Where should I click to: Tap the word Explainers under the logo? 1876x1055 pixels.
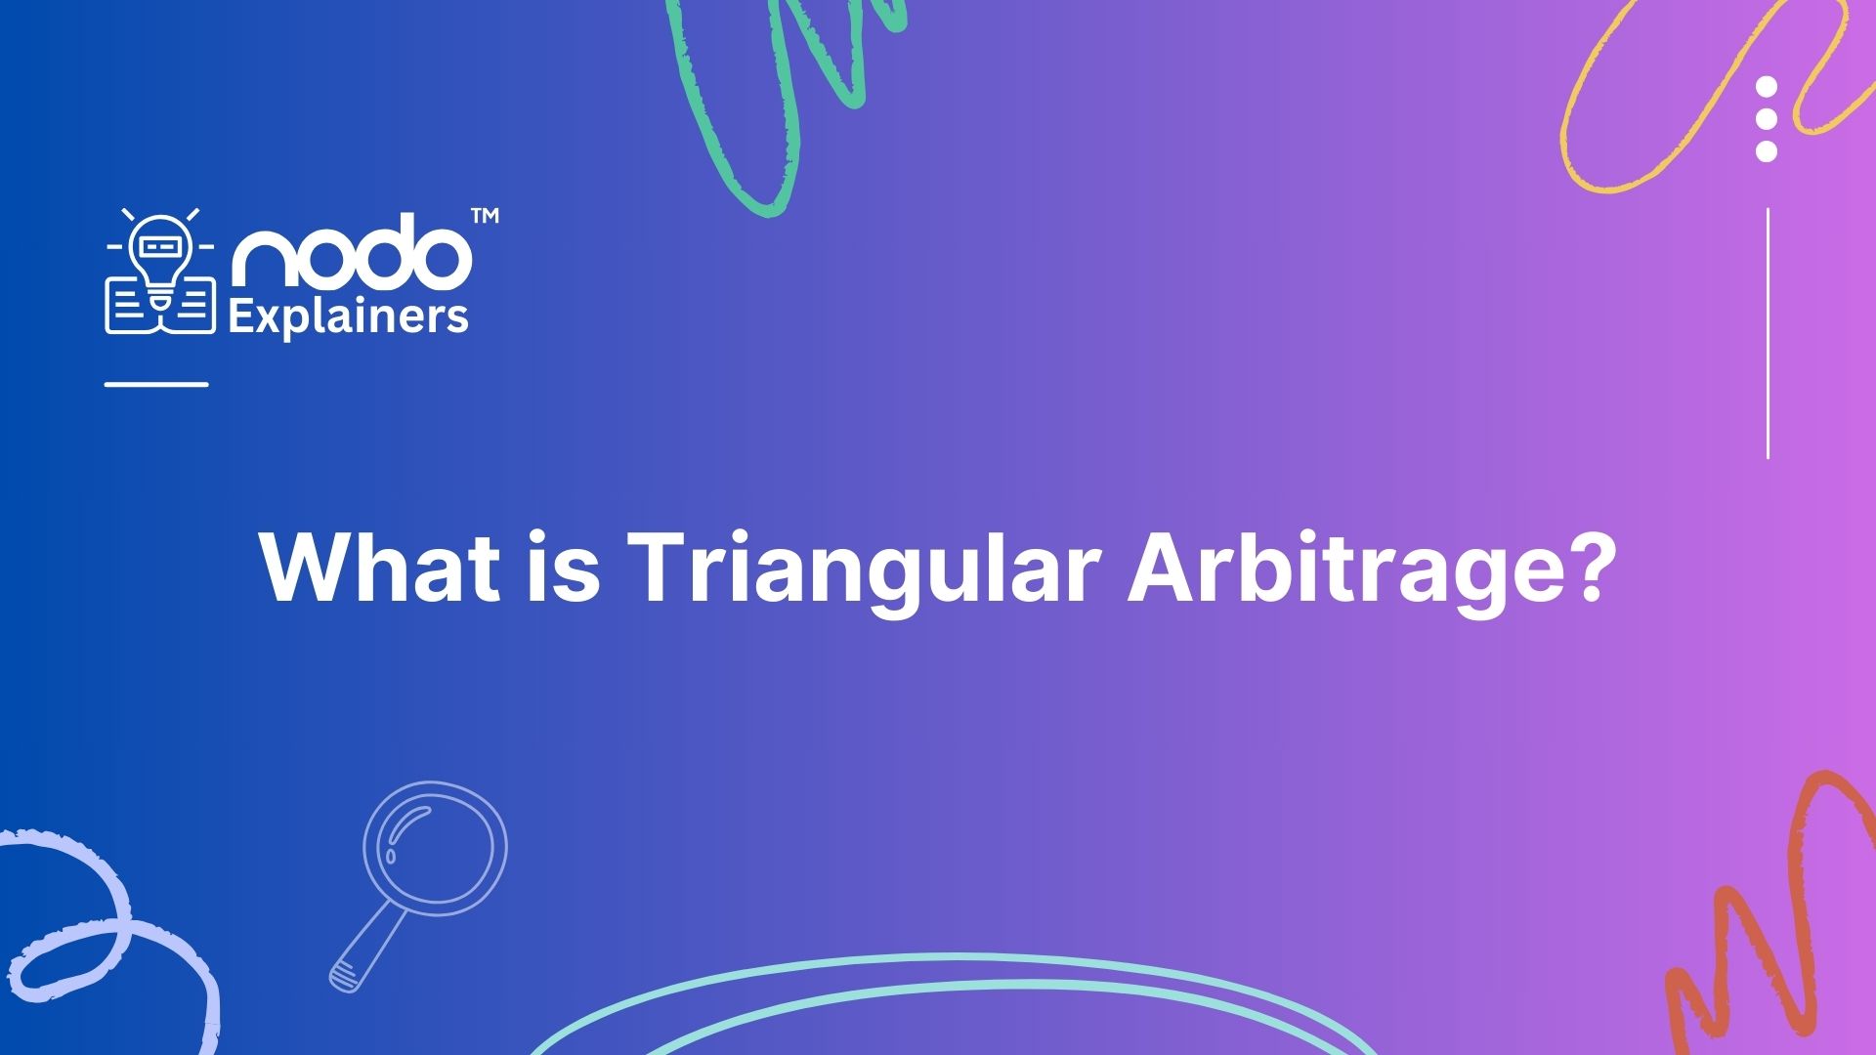[348, 317]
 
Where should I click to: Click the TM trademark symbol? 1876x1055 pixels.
[485, 216]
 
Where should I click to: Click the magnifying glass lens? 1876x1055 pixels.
[435, 847]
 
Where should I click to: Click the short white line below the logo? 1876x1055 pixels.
[156, 384]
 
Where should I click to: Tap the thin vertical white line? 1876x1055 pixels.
[1768, 333]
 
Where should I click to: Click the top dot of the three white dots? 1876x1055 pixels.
[1766, 88]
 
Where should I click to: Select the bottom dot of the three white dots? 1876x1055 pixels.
[1766, 151]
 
